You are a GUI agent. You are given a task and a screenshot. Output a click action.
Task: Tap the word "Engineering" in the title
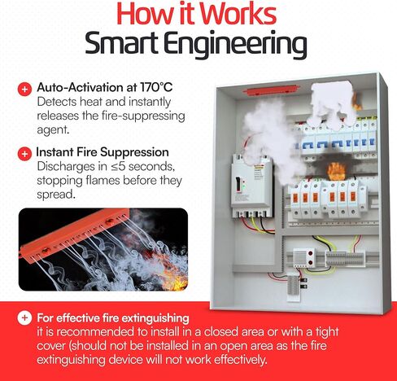pos(237,45)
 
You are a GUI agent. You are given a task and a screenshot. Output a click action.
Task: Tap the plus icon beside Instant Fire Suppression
pos(25,152)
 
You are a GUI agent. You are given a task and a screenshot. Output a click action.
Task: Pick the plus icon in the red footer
pos(25,317)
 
